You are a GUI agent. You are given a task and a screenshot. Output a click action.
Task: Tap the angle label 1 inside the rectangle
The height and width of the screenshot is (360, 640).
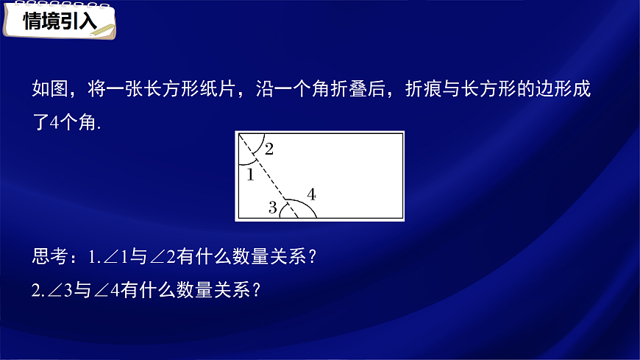[x=249, y=174]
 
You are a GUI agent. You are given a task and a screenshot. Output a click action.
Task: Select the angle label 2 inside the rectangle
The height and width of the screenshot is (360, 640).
[x=269, y=149]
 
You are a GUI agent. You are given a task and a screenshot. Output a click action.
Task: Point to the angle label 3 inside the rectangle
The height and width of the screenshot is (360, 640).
[x=272, y=208]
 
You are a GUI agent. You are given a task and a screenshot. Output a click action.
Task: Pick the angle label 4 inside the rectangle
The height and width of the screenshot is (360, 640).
[x=311, y=194]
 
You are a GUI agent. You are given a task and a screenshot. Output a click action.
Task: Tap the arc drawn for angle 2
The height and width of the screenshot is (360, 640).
[x=259, y=147]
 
